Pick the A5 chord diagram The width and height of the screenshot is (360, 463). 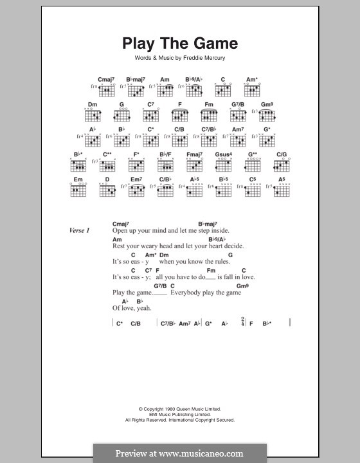[282, 190]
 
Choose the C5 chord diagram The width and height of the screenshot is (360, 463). [253, 190]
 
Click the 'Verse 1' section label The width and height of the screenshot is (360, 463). [80, 230]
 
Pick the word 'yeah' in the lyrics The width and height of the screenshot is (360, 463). [144, 308]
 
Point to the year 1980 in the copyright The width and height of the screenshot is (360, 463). [165, 409]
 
